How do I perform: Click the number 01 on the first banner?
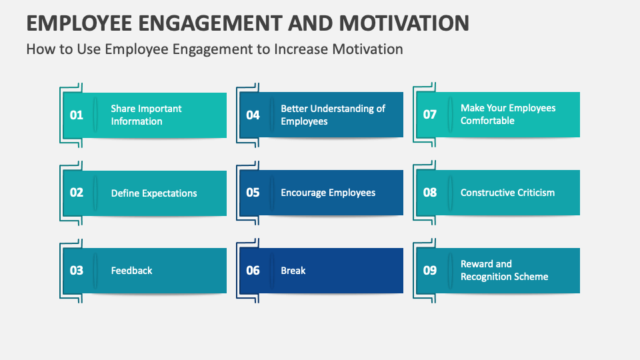(77, 115)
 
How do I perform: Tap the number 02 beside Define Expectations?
(77, 193)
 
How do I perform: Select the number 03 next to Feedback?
(77, 271)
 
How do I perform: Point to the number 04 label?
(253, 115)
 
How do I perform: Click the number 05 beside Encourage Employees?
(253, 193)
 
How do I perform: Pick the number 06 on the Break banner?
(253, 271)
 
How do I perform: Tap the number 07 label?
(430, 114)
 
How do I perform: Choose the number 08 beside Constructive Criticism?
(430, 193)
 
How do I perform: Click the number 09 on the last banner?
(430, 270)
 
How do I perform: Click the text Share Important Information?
(146, 115)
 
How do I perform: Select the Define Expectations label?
(154, 193)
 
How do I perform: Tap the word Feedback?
(131, 271)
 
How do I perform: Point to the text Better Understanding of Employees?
(333, 115)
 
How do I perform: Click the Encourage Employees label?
(328, 193)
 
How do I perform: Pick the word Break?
(293, 271)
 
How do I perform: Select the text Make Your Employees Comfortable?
(507, 114)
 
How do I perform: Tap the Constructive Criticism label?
(507, 193)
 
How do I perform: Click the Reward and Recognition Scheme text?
(504, 270)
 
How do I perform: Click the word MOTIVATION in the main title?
(404, 23)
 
